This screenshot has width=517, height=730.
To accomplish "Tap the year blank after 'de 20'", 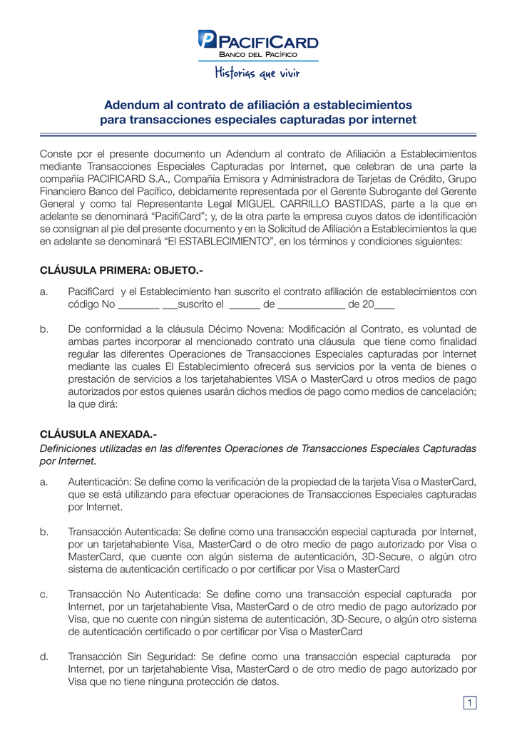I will (x=384, y=304).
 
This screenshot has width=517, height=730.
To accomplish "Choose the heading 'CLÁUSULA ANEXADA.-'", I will (x=98, y=434).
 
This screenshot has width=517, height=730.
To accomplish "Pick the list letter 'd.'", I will (x=44, y=657).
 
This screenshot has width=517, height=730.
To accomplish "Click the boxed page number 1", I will (x=470, y=704).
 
